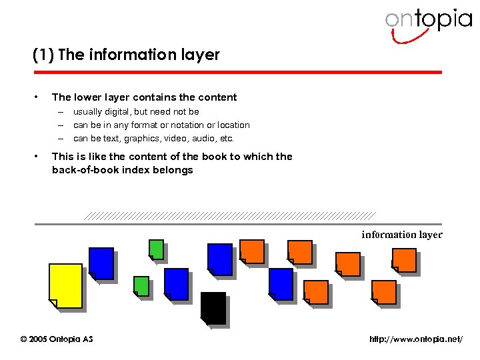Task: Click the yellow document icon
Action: tap(65, 285)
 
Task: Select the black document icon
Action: tap(213, 308)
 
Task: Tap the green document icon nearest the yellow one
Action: tap(141, 285)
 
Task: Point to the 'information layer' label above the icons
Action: tap(401, 234)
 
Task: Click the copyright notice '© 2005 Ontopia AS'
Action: tap(57, 339)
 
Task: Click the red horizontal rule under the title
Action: tap(237, 72)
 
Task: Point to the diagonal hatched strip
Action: tap(230, 216)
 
